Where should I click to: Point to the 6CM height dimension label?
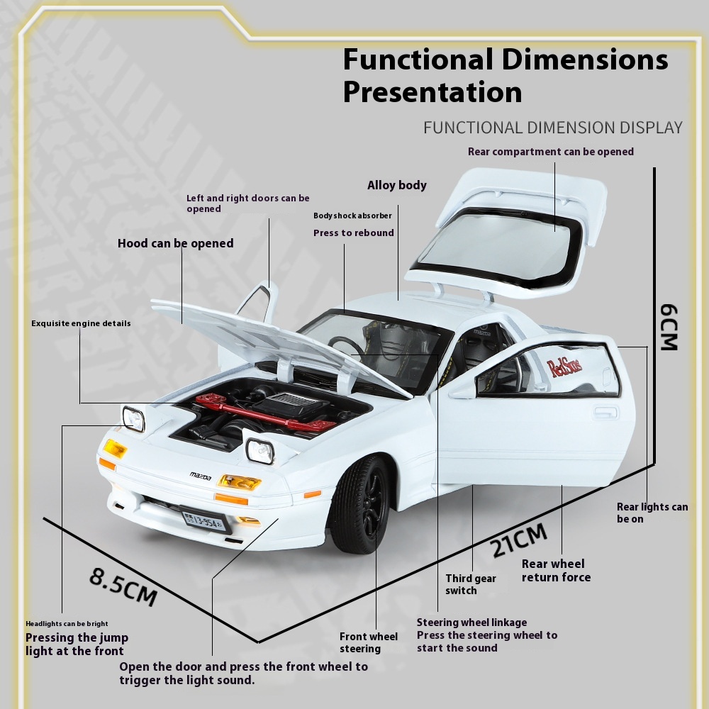(x=669, y=328)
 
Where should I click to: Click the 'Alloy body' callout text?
(x=397, y=186)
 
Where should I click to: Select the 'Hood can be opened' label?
(x=175, y=243)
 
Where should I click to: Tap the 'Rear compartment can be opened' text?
(x=551, y=152)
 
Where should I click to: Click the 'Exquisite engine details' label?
(x=81, y=323)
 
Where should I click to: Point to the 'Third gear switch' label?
(x=471, y=584)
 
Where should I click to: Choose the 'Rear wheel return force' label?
(x=556, y=570)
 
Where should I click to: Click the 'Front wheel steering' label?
(x=369, y=642)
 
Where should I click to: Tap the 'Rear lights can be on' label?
(x=652, y=513)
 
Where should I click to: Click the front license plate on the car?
(x=203, y=520)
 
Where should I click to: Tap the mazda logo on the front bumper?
(x=200, y=475)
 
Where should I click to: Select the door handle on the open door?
(x=606, y=412)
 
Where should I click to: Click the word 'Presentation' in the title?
(x=432, y=92)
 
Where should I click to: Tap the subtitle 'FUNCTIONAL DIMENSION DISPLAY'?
(x=553, y=128)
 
